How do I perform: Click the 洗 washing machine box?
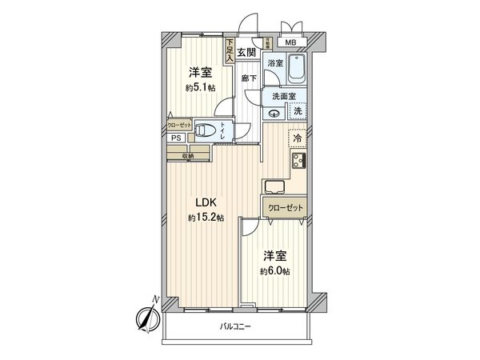pyautogui.click(x=298, y=112)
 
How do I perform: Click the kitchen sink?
pyautogui.click(x=274, y=189)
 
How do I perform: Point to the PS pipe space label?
pyautogui.click(x=175, y=138)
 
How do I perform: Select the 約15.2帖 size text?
pyautogui.click(x=206, y=218)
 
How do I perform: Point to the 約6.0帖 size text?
pyautogui.click(x=274, y=271)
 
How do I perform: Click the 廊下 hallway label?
pyautogui.click(x=249, y=78)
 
